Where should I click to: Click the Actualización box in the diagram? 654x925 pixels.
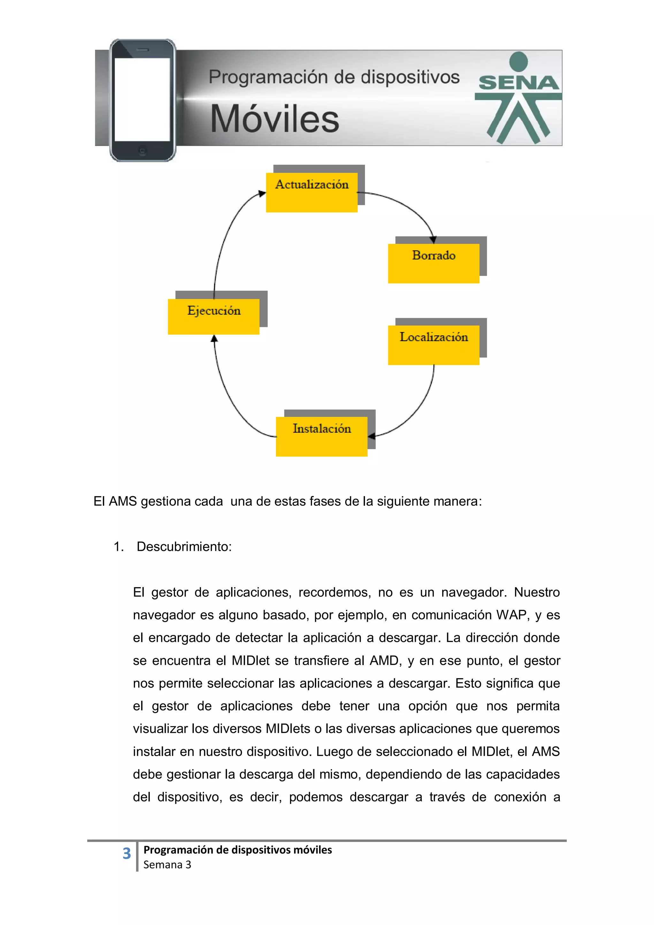pos(311,192)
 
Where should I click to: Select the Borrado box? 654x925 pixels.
pos(434,263)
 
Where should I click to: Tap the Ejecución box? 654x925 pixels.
pos(214,316)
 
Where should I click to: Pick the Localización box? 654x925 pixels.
pos(434,345)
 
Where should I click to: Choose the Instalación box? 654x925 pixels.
pos(322,436)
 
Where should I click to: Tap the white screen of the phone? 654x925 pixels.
pos(142,99)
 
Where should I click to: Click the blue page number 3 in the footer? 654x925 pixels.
pos(126,853)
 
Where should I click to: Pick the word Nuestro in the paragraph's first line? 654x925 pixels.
pos(536,592)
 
